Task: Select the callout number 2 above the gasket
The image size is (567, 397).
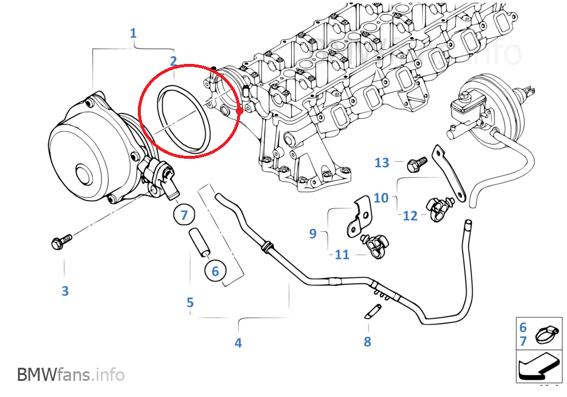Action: point(173,60)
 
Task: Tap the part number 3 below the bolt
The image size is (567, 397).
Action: point(65,291)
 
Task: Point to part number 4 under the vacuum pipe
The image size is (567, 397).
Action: point(238,343)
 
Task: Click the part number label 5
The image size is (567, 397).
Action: point(190,302)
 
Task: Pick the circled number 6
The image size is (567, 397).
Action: point(215,271)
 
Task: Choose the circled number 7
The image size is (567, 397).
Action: point(184,215)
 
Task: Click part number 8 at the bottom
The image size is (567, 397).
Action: point(367,341)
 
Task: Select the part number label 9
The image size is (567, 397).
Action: point(313,233)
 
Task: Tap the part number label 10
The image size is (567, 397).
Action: point(381,198)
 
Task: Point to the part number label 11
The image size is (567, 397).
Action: point(342,255)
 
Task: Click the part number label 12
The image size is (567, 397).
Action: point(410,216)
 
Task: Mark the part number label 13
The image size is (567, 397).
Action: point(382,162)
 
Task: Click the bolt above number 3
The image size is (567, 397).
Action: point(61,242)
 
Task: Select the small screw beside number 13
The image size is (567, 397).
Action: point(416,162)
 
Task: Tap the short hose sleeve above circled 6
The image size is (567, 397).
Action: point(200,242)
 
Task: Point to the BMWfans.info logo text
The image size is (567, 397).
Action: point(71,375)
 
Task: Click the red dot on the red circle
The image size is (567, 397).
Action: point(239,110)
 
